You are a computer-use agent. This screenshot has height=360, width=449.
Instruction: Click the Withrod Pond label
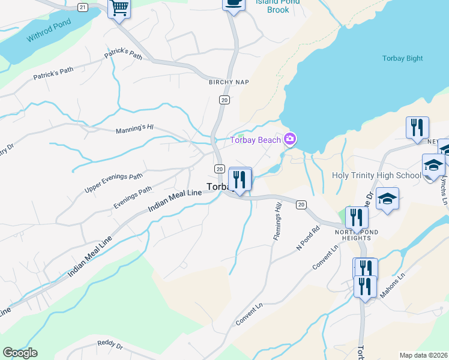click(x=49, y=31)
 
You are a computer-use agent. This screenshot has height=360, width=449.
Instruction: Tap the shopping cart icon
click(x=119, y=8)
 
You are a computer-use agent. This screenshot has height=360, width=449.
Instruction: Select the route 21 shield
click(x=83, y=7)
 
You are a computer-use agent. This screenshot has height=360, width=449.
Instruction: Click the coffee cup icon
click(x=234, y=4)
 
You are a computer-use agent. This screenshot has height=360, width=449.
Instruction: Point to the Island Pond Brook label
click(x=278, y=5)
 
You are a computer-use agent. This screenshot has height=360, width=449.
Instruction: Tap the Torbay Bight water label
click(x=402, y=58)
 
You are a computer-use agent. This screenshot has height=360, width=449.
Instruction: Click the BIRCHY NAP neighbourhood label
click(x=229, y=82)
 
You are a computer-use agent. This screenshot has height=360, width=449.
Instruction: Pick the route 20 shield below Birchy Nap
click(x=224, y=100)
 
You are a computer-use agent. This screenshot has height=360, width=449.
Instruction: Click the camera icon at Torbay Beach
click(x=291, y=140)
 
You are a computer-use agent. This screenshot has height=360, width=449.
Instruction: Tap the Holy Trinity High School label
click(x=376, y=176)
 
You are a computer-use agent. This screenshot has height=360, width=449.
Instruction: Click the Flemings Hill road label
click(x=278, y=222)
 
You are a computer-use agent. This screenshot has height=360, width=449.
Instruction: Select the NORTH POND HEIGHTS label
click(x=357, y=234)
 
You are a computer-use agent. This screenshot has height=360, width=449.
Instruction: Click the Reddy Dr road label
click(x=110, y=346)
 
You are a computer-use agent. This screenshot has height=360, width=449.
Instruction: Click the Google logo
click(x=20, y=353)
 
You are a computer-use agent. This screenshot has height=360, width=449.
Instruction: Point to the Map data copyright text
click(x=423, y=355)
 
